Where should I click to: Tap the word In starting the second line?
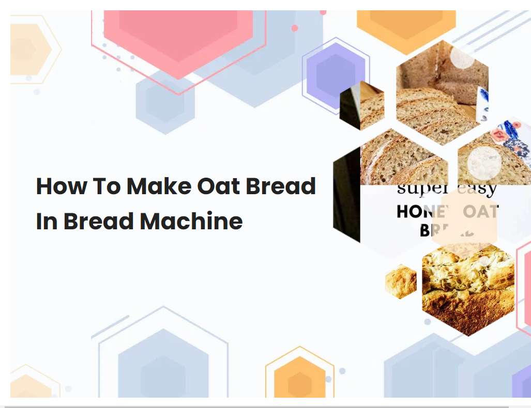[46, 222]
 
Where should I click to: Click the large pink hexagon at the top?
[178, 36]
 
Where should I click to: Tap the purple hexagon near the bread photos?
[336, 75]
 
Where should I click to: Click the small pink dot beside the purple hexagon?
[295, 28]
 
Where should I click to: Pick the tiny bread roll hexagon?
[401, 282]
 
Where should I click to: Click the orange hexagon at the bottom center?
[299, 380]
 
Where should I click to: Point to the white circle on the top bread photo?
[462, 57]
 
